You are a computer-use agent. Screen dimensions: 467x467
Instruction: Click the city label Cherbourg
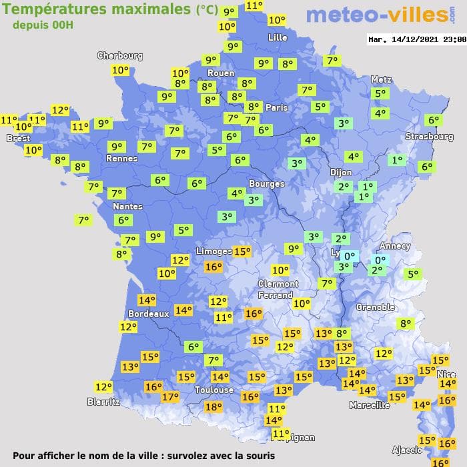coord(120,56)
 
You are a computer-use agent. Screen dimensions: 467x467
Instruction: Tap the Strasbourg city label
coord(429,137)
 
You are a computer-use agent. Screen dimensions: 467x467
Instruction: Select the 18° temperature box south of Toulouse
coord(213,407)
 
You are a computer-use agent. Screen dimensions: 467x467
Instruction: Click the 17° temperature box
coord(170,397)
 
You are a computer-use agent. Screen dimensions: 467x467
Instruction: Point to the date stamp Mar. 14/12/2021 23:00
coord(416,39)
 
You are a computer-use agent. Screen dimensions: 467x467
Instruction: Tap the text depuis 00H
coord(43,25)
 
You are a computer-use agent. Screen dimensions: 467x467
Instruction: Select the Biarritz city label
coord(103,402)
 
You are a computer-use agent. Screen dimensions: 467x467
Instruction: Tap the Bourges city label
coord(266,183)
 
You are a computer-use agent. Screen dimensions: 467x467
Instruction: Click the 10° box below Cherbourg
coord(120,70)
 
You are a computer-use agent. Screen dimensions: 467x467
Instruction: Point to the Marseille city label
coord(370,405)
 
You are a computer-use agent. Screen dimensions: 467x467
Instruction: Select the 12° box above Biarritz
coord(103,387)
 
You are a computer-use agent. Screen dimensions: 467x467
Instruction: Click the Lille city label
coord(277,38)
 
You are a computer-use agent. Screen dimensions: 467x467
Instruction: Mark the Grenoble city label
coord(376,308)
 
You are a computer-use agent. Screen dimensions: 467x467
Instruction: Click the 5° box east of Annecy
coord(413,274)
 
